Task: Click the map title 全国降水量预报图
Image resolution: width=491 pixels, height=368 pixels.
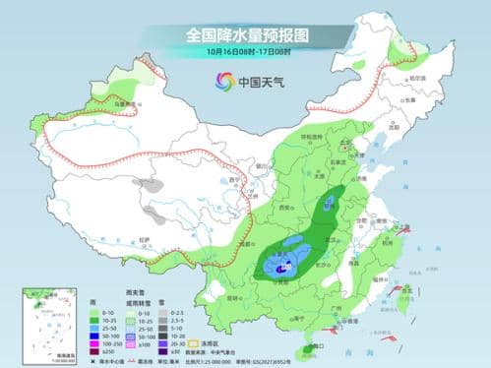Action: click(x=245, y=33)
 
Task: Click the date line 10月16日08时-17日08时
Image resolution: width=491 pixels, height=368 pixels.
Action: click(x=245, y=51)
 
